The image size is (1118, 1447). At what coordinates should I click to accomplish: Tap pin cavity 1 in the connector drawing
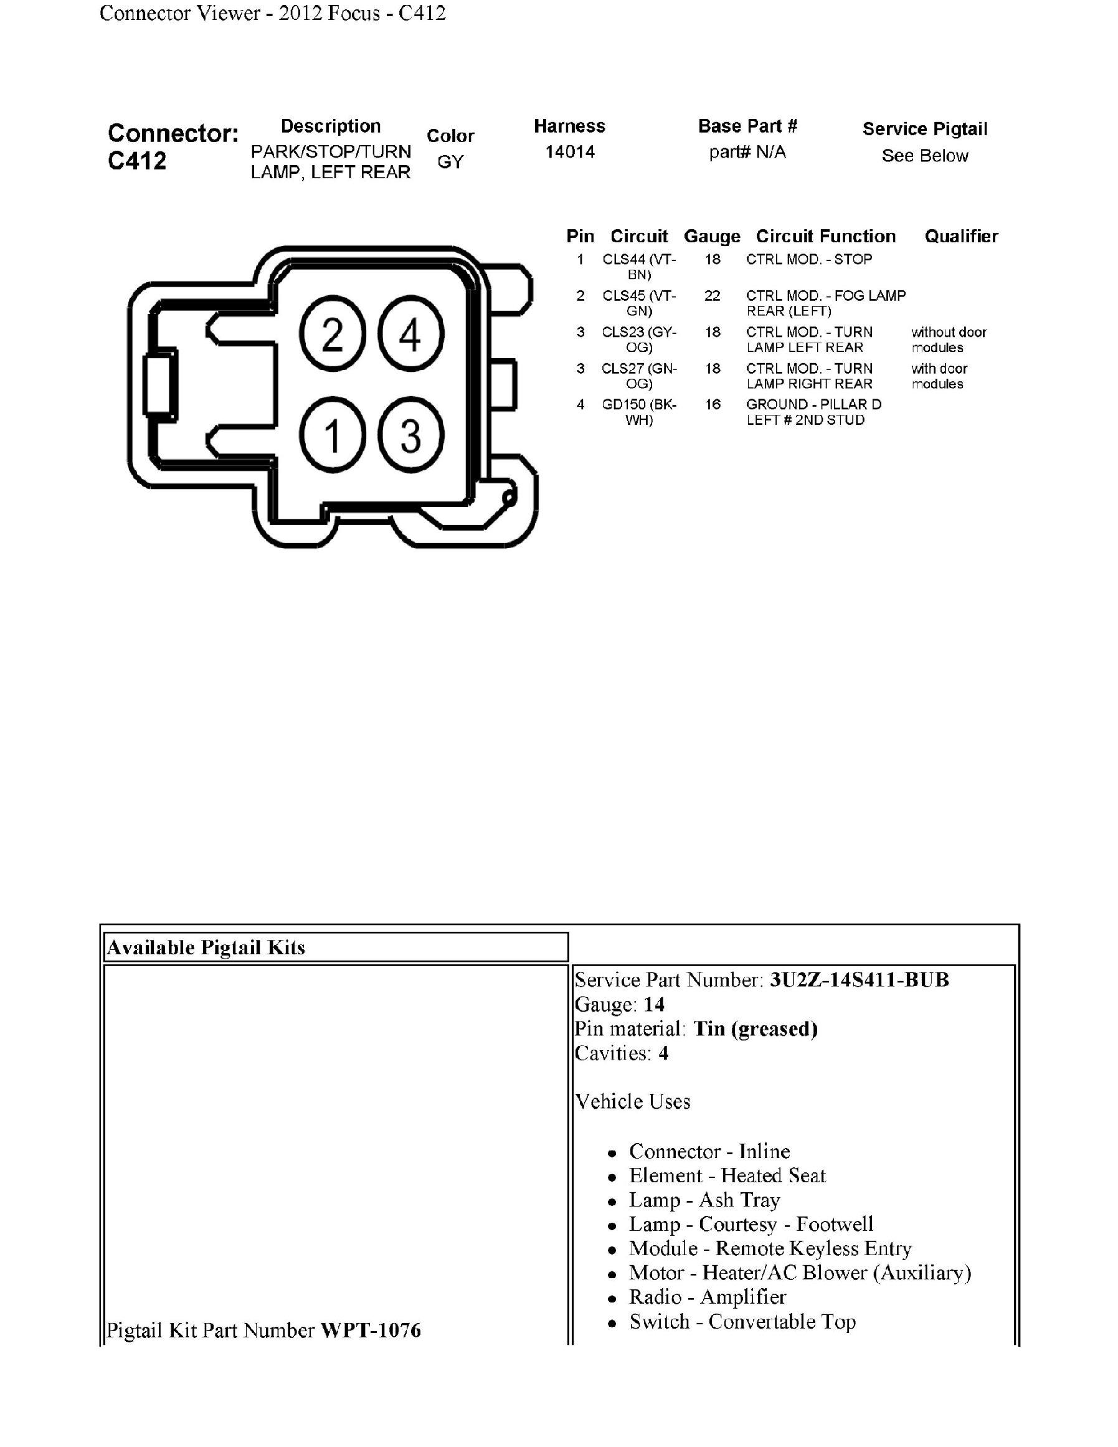coord(333,435)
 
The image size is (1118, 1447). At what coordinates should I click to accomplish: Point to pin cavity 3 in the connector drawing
coord(410,435)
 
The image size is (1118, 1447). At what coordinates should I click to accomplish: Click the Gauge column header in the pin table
coord(711,237)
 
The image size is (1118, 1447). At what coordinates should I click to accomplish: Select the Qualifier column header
coord(960,237)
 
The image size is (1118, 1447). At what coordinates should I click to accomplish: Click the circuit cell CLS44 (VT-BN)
coord(639,267)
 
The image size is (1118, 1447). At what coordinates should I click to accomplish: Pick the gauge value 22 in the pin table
coord(712,295)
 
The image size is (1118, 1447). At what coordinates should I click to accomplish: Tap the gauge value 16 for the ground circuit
coord(712,404)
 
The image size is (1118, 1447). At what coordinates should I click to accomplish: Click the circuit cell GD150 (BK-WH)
coord(639,412)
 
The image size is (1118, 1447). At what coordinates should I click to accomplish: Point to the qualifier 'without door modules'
coord(949,339)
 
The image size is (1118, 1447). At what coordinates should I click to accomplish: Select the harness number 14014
coord(570,153)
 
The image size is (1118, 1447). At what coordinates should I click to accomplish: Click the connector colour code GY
coord(450,162)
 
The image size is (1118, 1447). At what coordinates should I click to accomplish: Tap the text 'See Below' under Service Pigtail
coord(924,156)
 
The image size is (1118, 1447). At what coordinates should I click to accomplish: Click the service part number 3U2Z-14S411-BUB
coord(859,980)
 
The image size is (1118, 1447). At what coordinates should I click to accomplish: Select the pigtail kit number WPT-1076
coord(370,1331)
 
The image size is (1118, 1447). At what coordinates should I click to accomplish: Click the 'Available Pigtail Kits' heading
coord(206,947)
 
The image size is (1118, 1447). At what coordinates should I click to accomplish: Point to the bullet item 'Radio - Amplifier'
coord(707,1297)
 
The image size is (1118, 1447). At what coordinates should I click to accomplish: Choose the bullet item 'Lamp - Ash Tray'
coord(704,1200)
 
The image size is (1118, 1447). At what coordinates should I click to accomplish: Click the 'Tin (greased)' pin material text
coord(755,1028)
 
